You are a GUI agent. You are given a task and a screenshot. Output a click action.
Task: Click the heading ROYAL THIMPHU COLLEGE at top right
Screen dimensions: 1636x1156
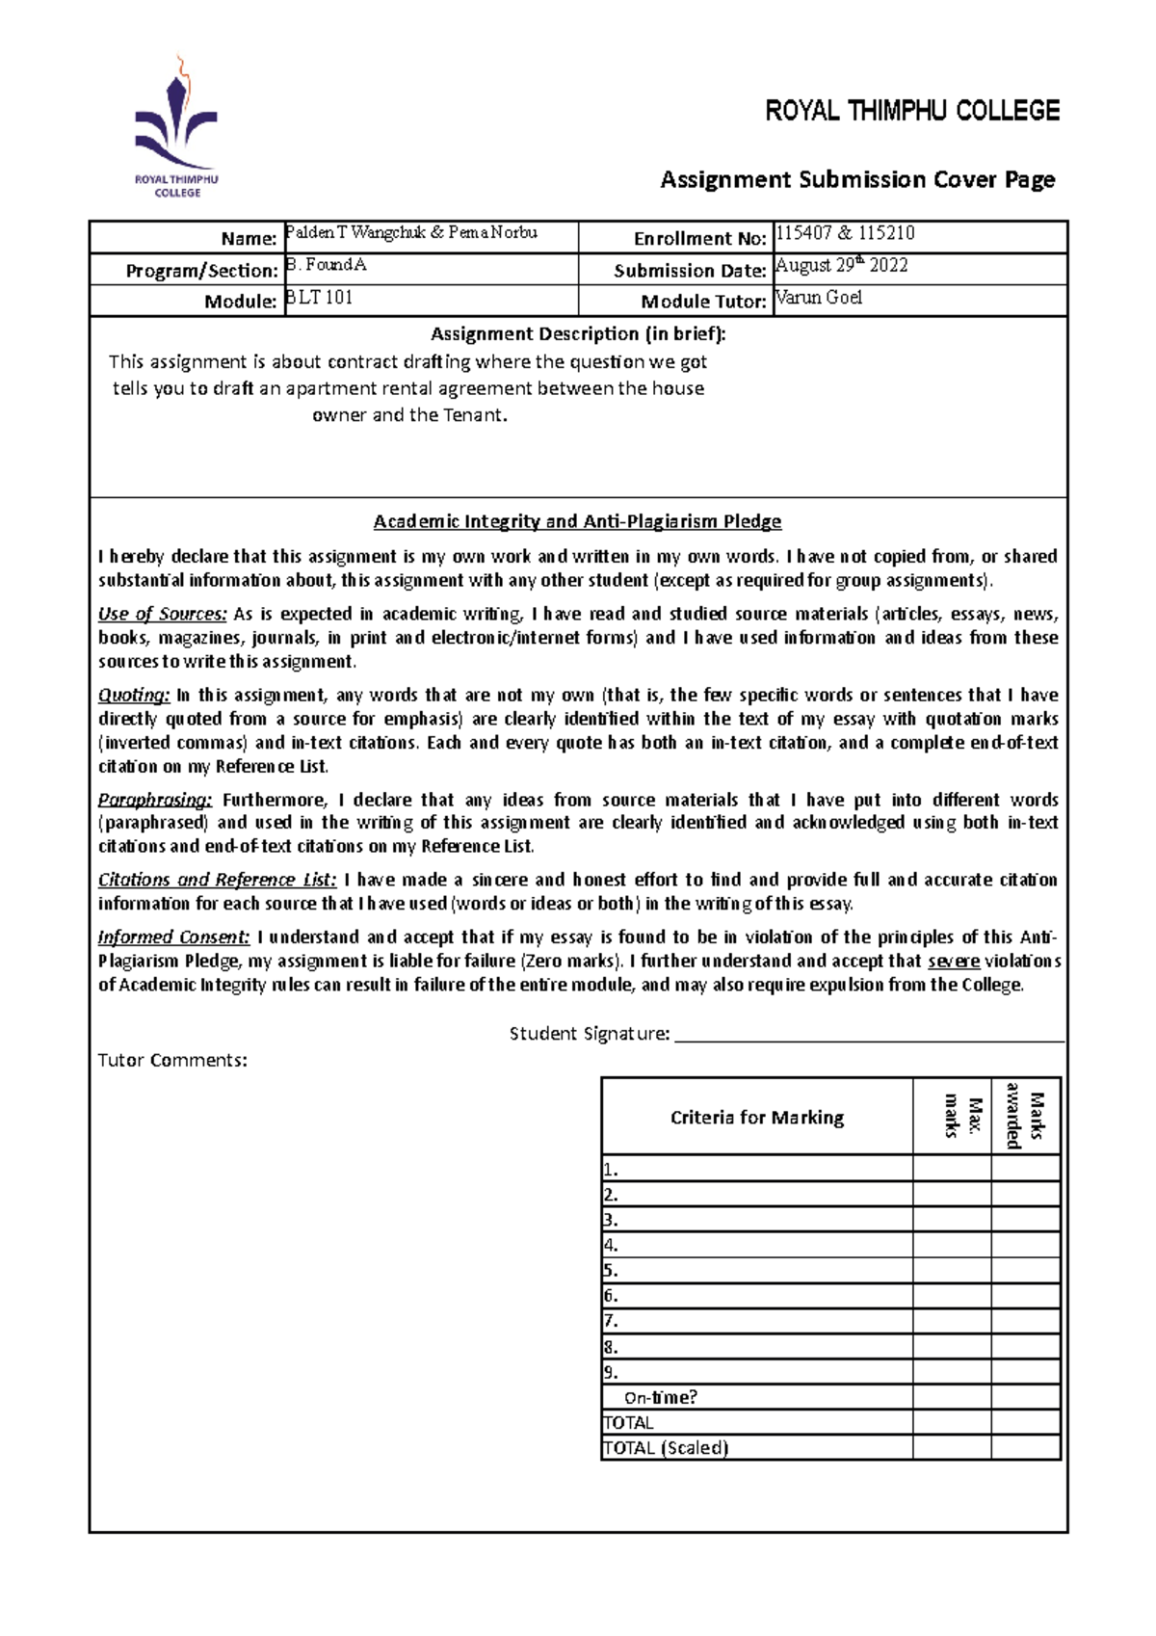[911, 111]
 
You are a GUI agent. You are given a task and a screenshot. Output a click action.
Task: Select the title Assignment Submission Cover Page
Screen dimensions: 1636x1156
[857, 179]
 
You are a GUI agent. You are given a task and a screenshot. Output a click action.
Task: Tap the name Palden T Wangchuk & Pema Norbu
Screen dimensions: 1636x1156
[411, 233]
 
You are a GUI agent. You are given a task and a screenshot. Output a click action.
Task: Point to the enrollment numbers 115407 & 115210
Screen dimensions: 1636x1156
[845, 233]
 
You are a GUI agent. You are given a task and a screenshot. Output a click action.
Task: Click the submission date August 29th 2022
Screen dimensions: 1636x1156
[841, 265]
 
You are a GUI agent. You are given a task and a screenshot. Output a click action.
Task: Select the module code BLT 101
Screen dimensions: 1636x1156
[320, 298]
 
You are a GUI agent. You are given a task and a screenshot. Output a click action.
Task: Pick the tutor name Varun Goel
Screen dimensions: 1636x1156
[819, 298]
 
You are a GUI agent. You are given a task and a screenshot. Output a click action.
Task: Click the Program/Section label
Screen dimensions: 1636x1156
[201, 271]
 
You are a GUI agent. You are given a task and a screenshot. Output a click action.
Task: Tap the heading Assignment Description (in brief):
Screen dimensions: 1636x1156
[578, 334]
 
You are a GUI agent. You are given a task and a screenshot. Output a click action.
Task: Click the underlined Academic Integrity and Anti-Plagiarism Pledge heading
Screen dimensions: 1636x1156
[577, 521]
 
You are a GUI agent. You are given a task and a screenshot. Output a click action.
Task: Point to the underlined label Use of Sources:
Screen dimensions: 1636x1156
[162, 614]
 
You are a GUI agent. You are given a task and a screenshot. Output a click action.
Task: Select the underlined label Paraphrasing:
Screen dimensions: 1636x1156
[154, 800]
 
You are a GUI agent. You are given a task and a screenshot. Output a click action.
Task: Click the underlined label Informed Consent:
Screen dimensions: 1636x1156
[173, 937]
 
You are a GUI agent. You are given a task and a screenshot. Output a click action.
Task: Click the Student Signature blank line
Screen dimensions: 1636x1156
[869, 1035]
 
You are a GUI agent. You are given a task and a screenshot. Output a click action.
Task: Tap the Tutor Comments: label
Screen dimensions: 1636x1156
[172, 1060]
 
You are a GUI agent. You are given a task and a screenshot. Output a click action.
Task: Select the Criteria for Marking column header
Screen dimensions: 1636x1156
[757, 1118]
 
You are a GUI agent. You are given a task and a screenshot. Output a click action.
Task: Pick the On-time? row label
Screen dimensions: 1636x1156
[660, 1397]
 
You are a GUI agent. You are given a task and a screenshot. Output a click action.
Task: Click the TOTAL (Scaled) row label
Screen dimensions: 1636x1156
[665, 1447]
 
